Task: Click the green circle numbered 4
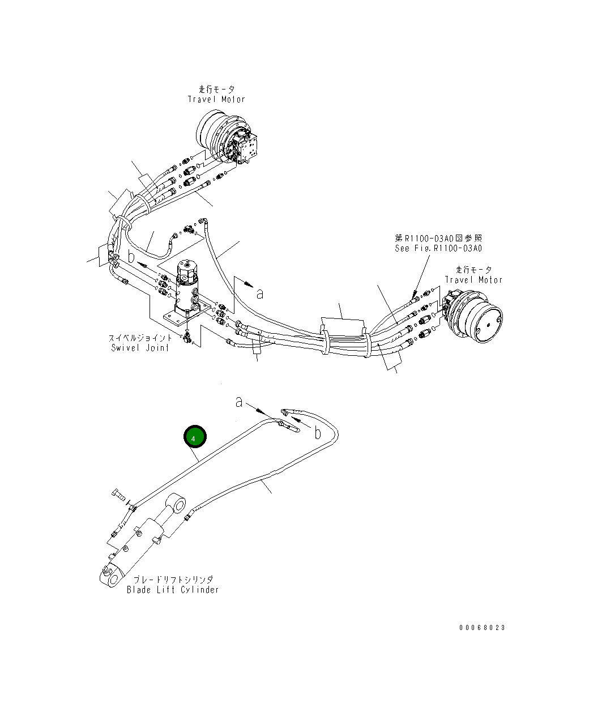click(195, 437)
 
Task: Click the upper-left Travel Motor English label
click(216, 99)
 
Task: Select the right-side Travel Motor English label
click(473, 280)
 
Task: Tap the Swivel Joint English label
click(140, 348)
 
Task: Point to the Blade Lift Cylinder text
click(172, 590)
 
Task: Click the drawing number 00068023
click(481, 628)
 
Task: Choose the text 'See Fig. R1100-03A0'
click(438, 248)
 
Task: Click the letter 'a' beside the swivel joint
click(260, 293)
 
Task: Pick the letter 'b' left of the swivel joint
click(131, 256)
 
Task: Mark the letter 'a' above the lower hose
click(240, 402)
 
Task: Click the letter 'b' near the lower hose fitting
click(318, 433)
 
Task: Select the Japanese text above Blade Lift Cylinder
click(173, 580)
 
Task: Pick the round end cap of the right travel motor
click(484, 325)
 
